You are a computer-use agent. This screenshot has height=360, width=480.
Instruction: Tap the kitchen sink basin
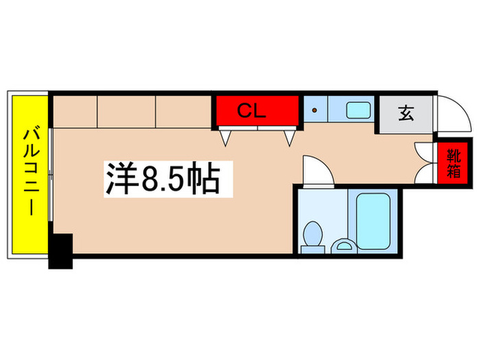(358, 110)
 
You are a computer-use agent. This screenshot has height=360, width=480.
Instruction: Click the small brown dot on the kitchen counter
(315, 109)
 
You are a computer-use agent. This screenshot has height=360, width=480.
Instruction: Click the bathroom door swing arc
(317, 169)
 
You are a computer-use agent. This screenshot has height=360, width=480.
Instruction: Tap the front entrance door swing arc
(454, 115)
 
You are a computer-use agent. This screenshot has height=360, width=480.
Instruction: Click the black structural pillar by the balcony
(60, 251)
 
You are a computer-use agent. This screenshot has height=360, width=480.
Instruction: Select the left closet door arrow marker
(225, 138)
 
